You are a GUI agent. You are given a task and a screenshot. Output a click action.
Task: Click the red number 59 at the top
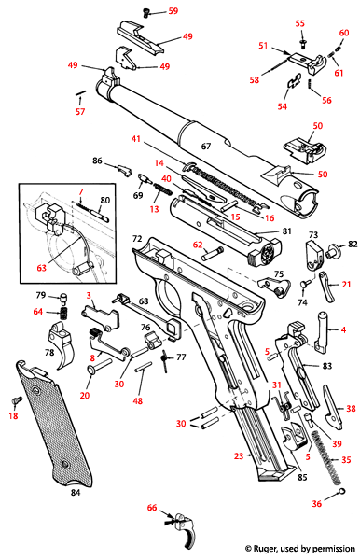[x=173, y=12]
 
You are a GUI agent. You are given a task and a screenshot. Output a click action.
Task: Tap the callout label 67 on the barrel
[x=207, y=147]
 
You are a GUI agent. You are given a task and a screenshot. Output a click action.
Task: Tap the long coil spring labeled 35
[x=323, y=448]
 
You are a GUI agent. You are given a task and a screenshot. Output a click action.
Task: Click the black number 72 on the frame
[x=136, y=240]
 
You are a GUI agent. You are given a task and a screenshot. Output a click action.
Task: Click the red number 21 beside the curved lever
[x=347, y=284]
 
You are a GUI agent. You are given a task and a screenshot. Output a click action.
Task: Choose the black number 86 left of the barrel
[x=97, y=161]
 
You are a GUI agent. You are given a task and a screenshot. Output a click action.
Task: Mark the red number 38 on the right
[x=351, y=408]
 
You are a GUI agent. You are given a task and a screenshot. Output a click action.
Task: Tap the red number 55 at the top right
[x=299, y=23]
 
